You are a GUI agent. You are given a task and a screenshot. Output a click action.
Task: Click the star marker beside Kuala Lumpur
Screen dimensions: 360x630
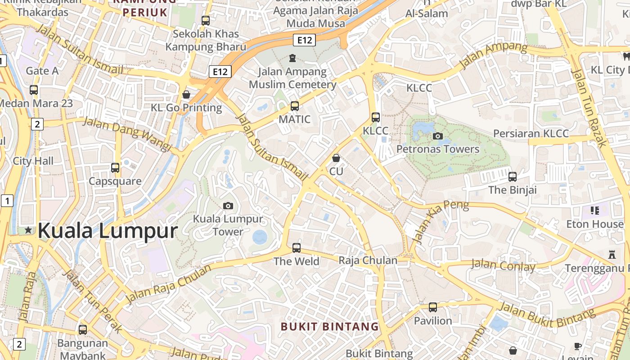pyautogui.click(x=28, y=230)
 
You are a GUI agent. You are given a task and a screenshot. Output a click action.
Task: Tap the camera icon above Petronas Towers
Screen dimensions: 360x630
pyautogui.click(x=437, y=136)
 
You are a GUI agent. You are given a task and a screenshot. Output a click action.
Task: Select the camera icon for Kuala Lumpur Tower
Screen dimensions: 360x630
pyautogui.click(x=228, y=206)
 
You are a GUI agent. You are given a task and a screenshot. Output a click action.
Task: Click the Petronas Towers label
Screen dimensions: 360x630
pyautogui.click(x=438, y=149)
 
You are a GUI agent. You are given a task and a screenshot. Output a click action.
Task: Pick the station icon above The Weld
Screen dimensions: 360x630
pyautogui.click(x=296, y=247)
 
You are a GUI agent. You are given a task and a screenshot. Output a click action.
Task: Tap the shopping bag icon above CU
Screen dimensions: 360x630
pyautogui.click(x=336, y=158)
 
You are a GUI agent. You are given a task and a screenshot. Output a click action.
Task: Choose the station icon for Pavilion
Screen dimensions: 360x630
pyautogui.click(x=432, y=307)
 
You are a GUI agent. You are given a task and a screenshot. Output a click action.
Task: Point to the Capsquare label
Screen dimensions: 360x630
pyautogui.click(x=115, y=181)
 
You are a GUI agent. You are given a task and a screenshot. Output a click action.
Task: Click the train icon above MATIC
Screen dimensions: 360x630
pyautogui.click(x=295, y=106)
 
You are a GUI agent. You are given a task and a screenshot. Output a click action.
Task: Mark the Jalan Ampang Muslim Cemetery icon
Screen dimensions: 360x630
pyautogui.click(x=292, y=58)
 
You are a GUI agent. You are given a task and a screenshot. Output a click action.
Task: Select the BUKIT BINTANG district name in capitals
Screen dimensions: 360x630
pyautogui.click(x=330, y=326)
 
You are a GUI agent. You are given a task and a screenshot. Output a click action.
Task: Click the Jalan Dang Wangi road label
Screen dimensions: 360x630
pyautogui.click(x=128, y=134)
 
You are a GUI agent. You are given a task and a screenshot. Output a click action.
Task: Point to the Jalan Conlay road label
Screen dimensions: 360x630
pyautogui.click(x=503, y=265)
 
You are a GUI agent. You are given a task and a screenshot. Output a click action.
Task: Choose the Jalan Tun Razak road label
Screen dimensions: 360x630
pyautogui.click(x=589, y=108)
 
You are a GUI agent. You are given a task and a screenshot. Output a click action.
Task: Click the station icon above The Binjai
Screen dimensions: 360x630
pyautogui.click(x=512, y=177)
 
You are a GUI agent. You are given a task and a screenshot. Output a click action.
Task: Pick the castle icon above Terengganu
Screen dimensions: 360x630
pyautogui.click(x=612, y=255)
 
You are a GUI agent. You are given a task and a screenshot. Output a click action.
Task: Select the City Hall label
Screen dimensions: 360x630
pyautogui.click(x=33, y=161)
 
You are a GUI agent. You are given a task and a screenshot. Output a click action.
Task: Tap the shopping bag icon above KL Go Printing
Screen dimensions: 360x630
pyautogui.click(x=186, y=94)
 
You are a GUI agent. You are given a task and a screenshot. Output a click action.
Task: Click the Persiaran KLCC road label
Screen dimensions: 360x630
pyautogui.click(x=531, y=134)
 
